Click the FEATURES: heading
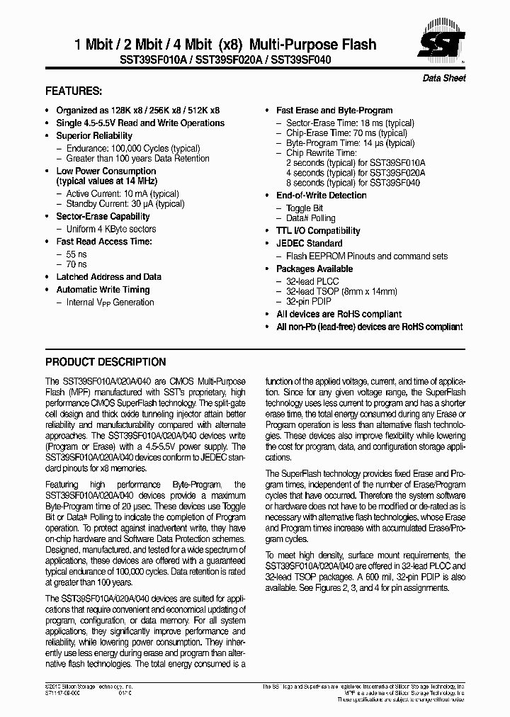click(x=74, y=91)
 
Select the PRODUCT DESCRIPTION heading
click(x=106, y=361)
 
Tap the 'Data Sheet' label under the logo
click(x=444, y=78)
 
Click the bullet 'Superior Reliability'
click(x=94, y=135)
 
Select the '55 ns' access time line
click(x=76, y=253)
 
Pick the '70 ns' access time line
click(x=76, y=264)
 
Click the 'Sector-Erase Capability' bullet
click(x=103, y=216)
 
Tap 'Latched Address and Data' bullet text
click(x=108, y=277)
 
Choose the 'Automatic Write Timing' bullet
click(x=103, y=290)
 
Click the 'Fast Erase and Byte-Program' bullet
click(x=334, y=111)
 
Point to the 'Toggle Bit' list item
click(x=305, y=208)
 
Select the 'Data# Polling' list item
click(x=311, y=218)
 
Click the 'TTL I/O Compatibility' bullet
click(x=318, y=231)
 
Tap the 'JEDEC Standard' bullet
click(x=309, y=244)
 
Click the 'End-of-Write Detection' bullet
click(x=322, y=196)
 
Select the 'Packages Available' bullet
click(x=314, y=269)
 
